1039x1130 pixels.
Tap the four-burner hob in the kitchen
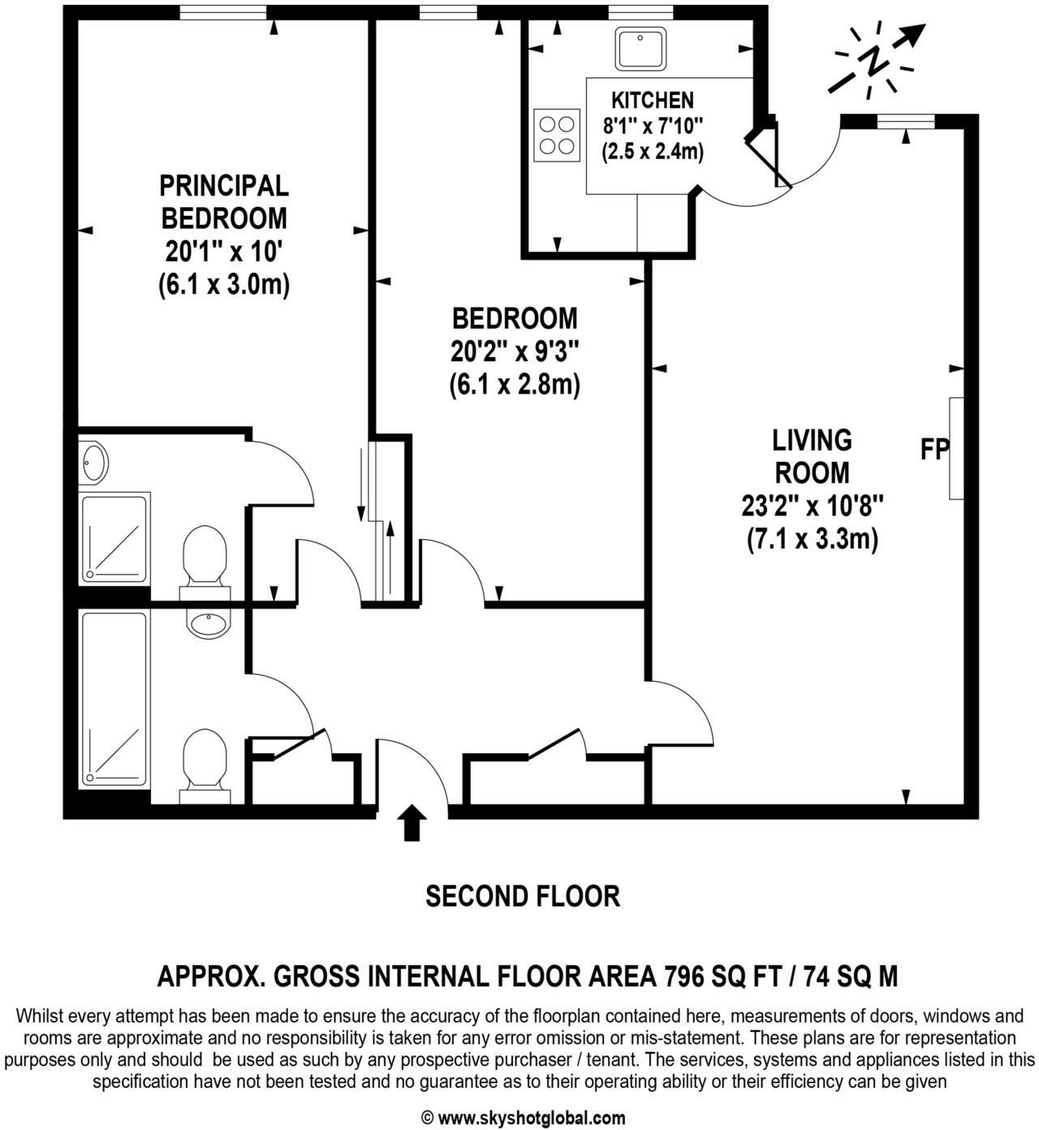pos(557,135)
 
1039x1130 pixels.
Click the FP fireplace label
pos(934,449)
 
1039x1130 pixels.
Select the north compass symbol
pos(877,62)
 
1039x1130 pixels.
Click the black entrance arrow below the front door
pos(413,823)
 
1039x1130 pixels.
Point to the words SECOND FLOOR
pos(523,896)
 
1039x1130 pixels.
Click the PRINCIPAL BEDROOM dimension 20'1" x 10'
pos(223,252)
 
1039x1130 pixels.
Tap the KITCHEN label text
pos(652,100)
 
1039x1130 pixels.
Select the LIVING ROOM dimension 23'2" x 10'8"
pos(812,507)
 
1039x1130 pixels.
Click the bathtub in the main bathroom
pos(114,700)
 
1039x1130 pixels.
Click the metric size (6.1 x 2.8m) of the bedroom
pos(515,385)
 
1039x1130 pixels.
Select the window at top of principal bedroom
pos(222,11)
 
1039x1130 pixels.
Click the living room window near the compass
pos(906,122)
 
